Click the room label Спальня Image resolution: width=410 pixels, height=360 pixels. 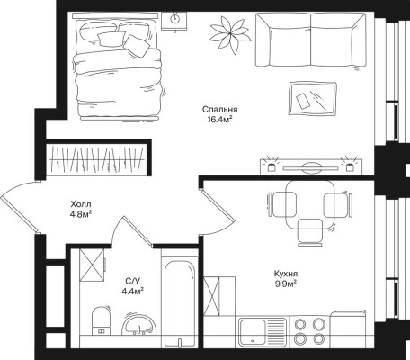pyautogui.click(x=219, y=110)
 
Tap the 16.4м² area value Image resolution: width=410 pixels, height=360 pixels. pyautogui.click(x=220, y=120)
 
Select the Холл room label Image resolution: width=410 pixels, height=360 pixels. pyautogui.click(x=81, y=204)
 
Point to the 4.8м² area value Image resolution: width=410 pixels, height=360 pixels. pyautogui.click(x=80, y=215)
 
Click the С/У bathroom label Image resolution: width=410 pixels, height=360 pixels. pyautogui.click(x=132, y=281)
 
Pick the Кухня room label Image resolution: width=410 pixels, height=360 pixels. pyautogui.click(x=286, y=274)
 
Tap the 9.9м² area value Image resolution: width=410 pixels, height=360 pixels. pyautogui.click(x=286, y=283)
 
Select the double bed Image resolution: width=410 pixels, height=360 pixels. pyautogui.click(x=118, y=67)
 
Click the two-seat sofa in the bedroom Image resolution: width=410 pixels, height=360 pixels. pyautogui.click(x=311, y=40)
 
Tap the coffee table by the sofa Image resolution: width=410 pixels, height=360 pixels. pyautogui.click(x=313, y=98)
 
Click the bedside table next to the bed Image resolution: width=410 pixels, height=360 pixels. pyautogui.click(x=174, y=22)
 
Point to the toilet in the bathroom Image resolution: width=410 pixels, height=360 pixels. pyautogui.click(x=101, y=320)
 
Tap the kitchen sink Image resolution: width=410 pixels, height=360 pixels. pyautogui.click(x=263, y=332)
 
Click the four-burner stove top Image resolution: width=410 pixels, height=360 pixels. pyautogui.click(x=309, y=331)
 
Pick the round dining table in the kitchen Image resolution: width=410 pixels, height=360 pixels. pyautogui.click(x=309, y=205)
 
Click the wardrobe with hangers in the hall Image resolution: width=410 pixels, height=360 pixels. pyautogui.click(x=98, y=158)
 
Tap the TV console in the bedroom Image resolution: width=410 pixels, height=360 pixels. pyautogui.click(x=311, y=166)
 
